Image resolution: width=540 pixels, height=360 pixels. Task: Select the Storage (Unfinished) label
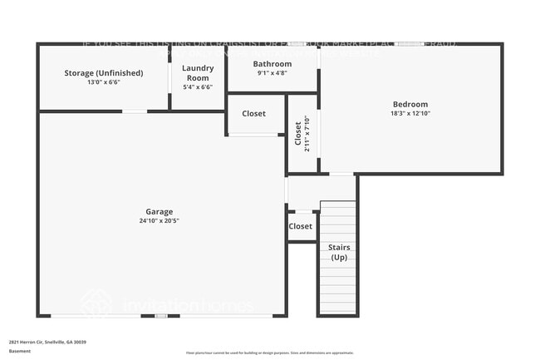tap(104, 73)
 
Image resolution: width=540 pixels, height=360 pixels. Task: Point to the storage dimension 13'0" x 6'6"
tap(104, 83)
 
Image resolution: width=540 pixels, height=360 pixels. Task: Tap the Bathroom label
tap(272, 64)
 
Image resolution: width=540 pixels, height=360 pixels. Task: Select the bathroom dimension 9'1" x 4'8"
tap(272, 74)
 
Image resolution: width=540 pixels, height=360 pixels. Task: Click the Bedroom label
tap(410, 104)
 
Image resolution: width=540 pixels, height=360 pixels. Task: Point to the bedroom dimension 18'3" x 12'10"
tap(410, 114)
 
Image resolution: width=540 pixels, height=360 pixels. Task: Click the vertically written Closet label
tap(298, 134)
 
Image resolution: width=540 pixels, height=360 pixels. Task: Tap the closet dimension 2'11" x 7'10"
tap(307, 134)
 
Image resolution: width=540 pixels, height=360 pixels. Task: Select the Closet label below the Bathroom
tap(254, 114)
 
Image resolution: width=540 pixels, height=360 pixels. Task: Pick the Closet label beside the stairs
tap(301, 226)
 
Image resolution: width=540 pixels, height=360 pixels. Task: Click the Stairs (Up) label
tap(339, 253)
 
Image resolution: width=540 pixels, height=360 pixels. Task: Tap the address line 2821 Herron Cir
tap(47, 342)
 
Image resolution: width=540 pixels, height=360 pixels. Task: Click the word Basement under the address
tap(20, 351)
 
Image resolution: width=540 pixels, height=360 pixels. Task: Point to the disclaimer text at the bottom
tap(269, 353)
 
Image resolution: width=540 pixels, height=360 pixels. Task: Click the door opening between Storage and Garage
tap(135, 111)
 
